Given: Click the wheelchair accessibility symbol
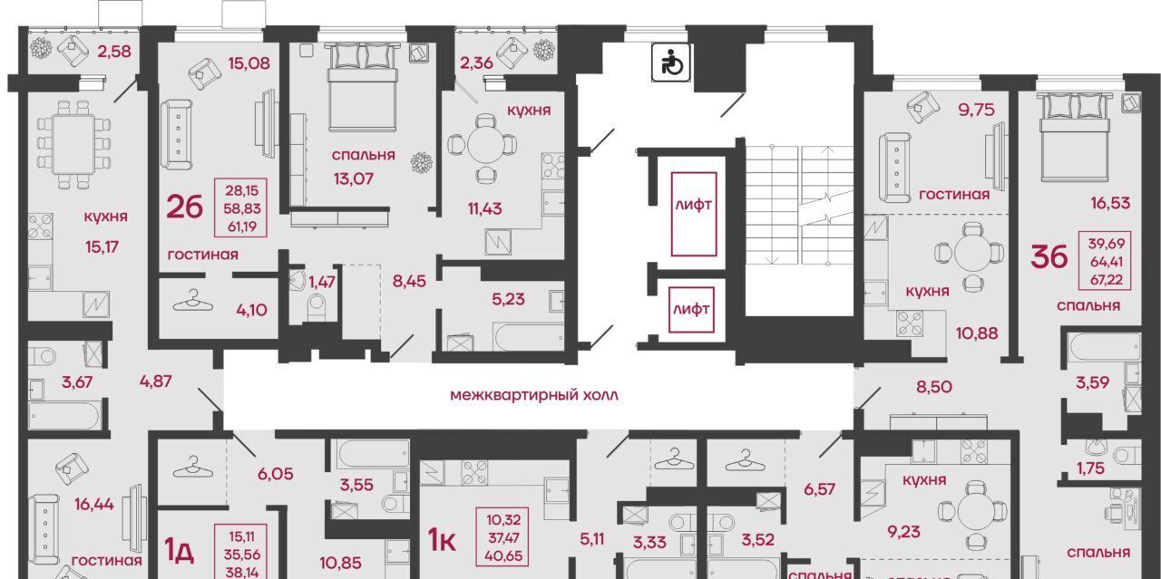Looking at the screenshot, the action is point(670,63).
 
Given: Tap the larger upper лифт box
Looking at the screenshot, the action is point(694,215).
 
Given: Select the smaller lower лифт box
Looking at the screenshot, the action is point(691,309).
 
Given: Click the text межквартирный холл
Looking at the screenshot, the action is point(534,396).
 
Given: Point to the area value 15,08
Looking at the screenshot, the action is point(249,63).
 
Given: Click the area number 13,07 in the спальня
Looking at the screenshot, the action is point(354,179).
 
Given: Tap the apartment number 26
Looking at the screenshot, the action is point(184,207).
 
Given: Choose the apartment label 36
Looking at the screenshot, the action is point(1049,256).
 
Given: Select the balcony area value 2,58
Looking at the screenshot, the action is point(114,52).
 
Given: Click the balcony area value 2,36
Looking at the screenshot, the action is point(476,63).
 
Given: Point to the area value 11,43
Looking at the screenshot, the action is point(484,208).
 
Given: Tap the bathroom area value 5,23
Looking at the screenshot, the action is point(508,299).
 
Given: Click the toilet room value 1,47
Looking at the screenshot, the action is point(322,282).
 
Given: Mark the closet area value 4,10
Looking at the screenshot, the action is point(251,310).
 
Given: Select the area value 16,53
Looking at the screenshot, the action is point(1110,202).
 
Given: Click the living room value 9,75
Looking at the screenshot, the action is point(977,110).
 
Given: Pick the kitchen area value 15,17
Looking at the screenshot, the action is point(102,246).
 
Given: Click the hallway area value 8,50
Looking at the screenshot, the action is point(934,387).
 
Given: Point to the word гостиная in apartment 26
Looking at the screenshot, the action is point(202,255).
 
